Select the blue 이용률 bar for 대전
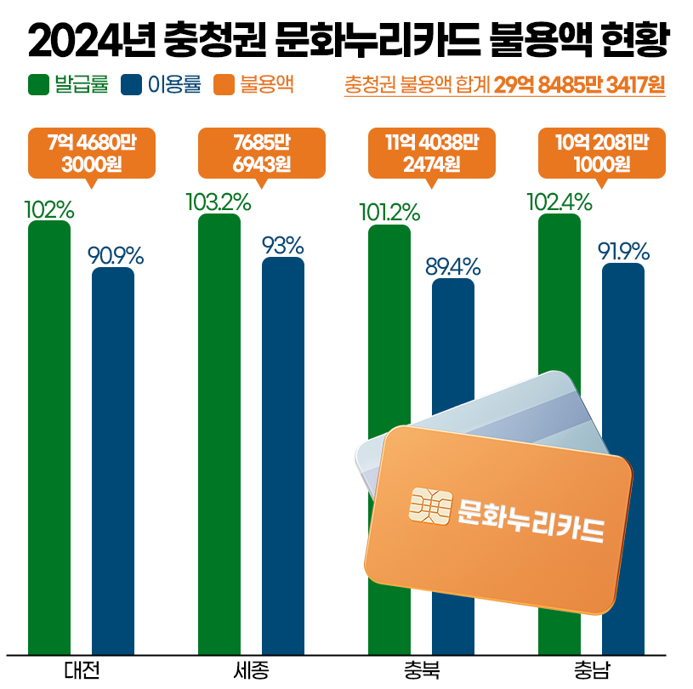(113, 459)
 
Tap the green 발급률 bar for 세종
(219, 434)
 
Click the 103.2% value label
(219, 202)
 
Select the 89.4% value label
(453, 267)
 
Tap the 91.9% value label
(623, 252)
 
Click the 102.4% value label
(559, 202)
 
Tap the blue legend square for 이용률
(132, 85)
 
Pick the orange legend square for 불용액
(224, 85)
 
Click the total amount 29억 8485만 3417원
(579, 86)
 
